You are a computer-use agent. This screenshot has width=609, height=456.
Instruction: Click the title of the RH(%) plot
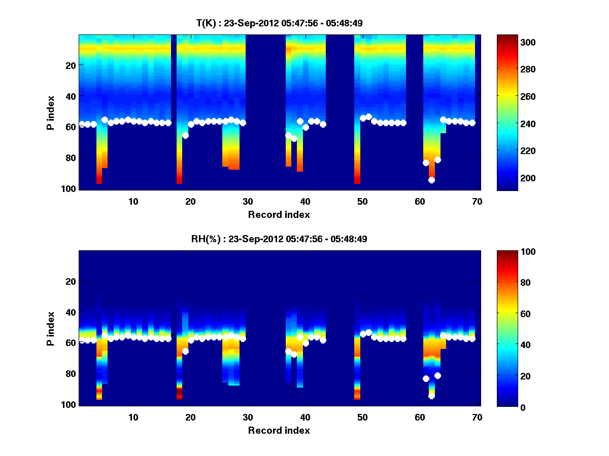click(276, 239)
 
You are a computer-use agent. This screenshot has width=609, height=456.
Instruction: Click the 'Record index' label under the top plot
click(279, 214)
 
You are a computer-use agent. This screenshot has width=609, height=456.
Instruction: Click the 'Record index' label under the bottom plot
click(279, 430)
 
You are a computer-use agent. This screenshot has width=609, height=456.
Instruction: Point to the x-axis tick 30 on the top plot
click(248, 201)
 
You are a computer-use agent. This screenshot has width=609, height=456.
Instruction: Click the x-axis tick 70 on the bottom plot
click(477, 417)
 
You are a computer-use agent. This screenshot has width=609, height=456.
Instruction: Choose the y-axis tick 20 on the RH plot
click(71, 281)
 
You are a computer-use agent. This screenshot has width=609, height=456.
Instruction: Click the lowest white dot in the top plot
click(431, 180)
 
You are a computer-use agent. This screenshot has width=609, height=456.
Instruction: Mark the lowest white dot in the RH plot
click(431, 396)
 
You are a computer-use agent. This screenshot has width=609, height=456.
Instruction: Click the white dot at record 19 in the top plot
click(185, 135)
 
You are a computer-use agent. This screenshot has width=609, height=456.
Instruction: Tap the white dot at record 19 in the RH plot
click(185, 351)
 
